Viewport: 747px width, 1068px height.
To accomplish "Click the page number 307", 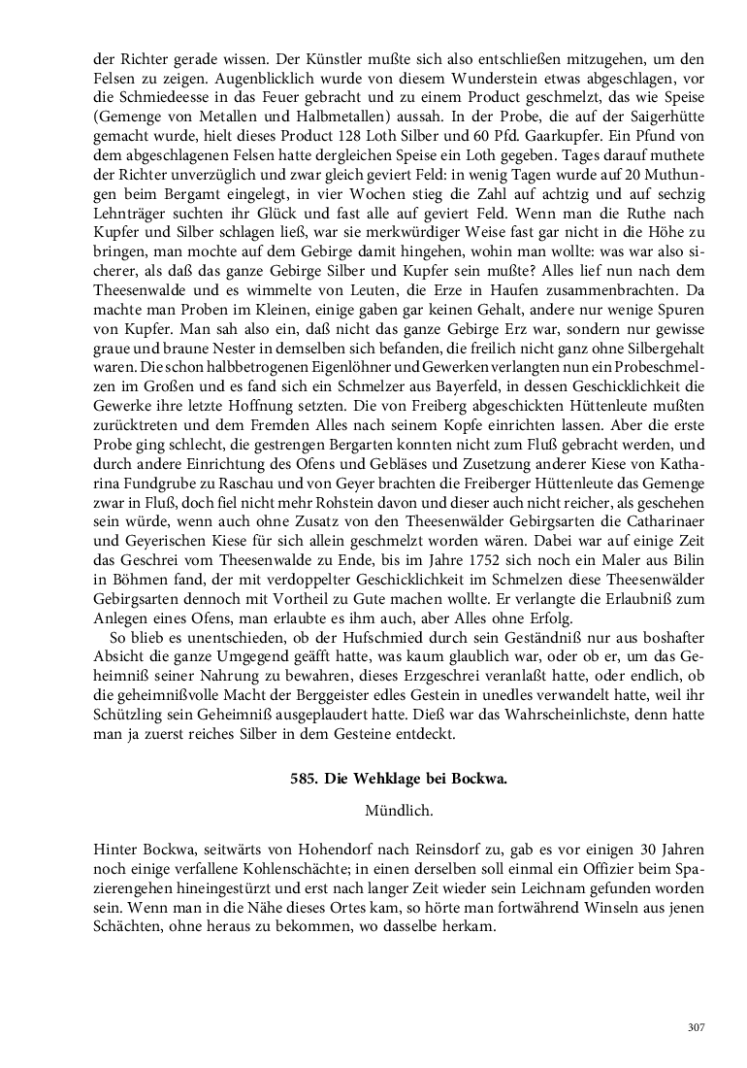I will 695,1027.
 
